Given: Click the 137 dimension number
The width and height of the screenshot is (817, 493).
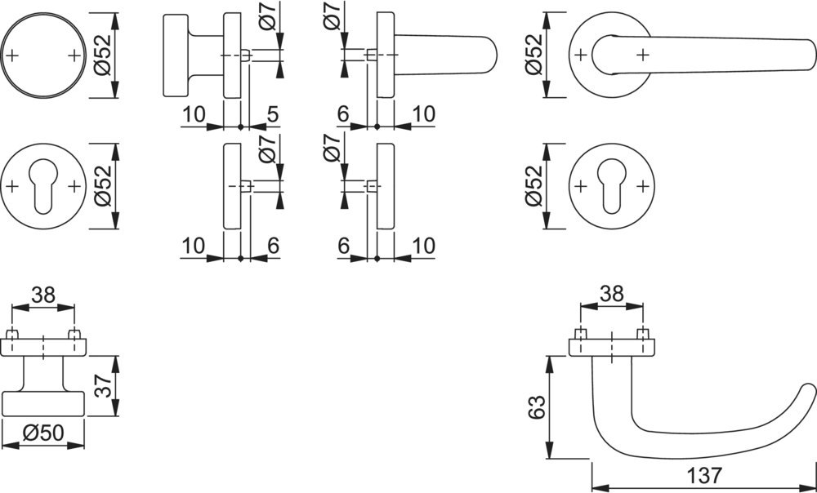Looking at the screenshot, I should pos(703,474).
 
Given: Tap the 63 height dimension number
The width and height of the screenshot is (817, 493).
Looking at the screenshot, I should pos(534,406).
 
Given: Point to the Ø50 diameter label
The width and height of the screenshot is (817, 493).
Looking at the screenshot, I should pos(44,433).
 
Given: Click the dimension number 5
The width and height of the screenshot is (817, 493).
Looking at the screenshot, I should pos(273,113).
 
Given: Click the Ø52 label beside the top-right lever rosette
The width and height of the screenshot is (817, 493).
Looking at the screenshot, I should pos(534,55).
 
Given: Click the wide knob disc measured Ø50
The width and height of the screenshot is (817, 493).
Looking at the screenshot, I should pos(44,404).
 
